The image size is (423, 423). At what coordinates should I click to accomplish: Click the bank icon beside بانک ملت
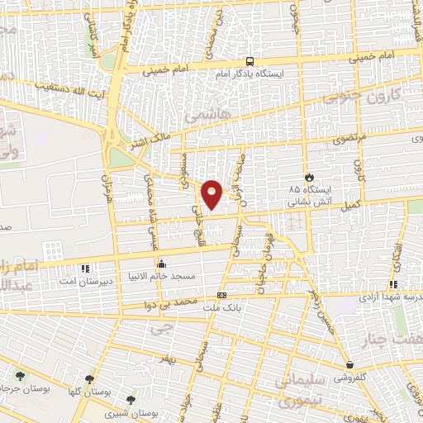point(221,295)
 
